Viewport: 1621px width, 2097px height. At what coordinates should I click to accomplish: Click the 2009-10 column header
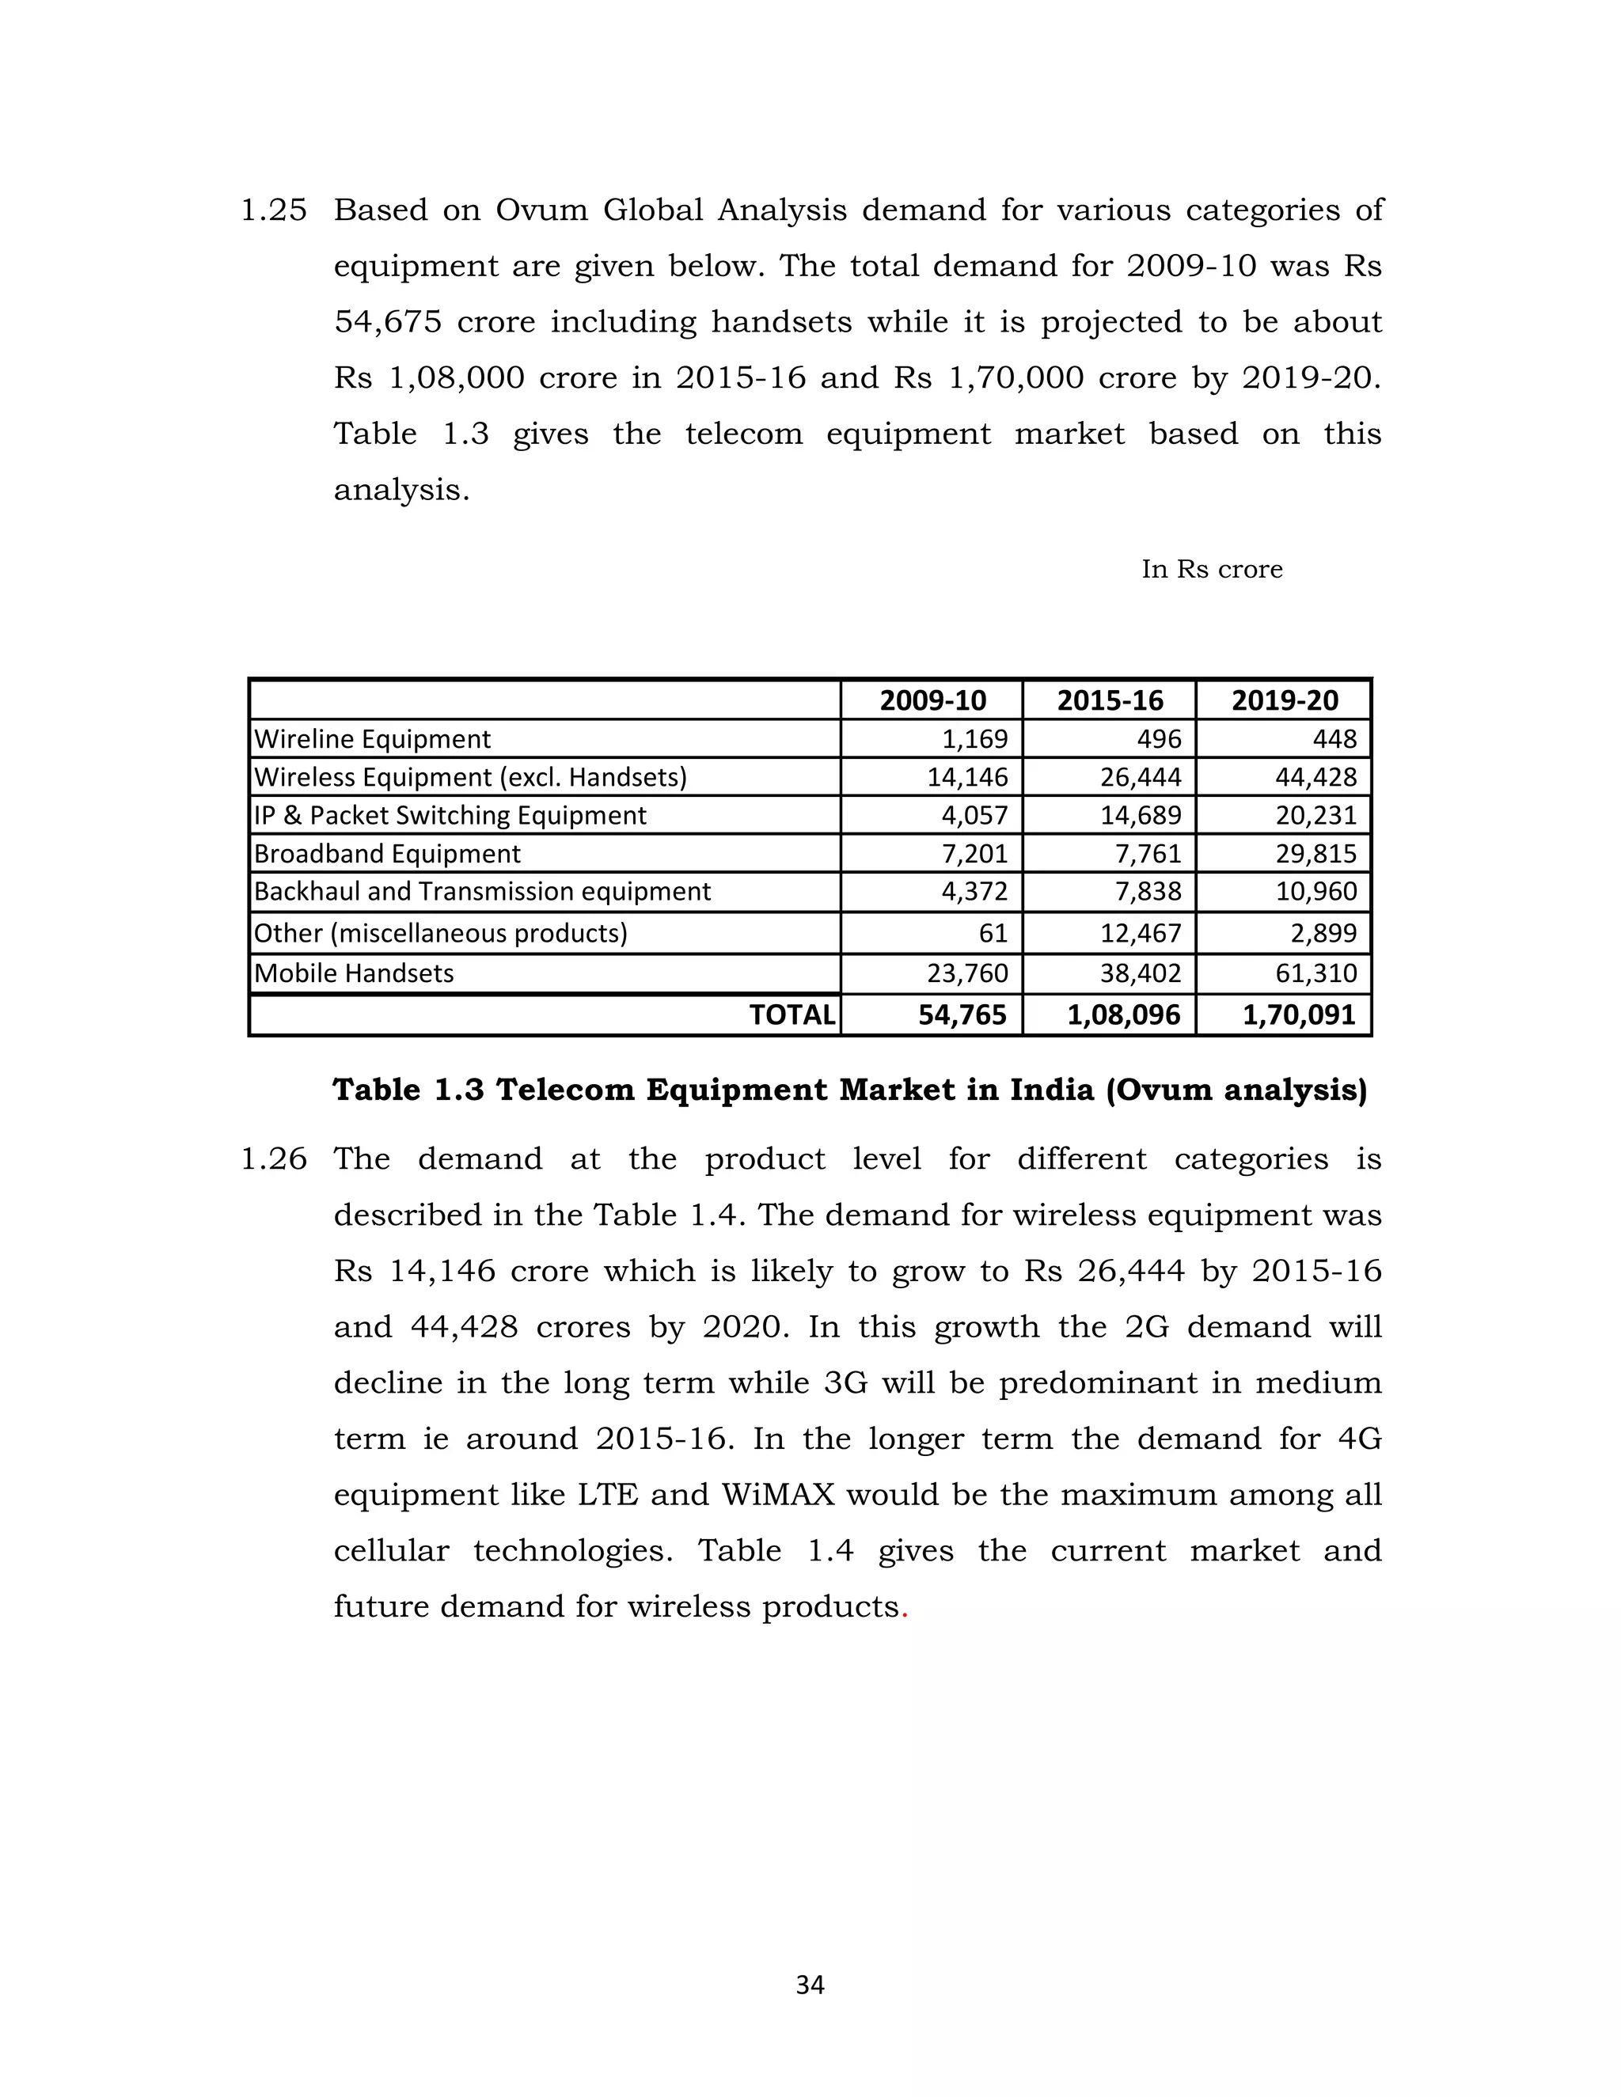click(x=932, y=700)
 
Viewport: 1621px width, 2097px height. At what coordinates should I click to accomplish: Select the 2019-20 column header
click(x=1284, y=700)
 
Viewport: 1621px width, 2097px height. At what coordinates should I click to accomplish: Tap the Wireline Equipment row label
click(x=372, y=738)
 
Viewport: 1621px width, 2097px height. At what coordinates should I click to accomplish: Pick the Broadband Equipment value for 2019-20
click(x=1315, y=854)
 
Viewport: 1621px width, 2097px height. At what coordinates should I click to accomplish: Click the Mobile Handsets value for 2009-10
click(x=967, y=973)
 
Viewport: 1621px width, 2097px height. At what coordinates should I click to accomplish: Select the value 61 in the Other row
click(x=993, y=932)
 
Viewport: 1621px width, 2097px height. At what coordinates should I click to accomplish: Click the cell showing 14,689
click(x=1140, y=815)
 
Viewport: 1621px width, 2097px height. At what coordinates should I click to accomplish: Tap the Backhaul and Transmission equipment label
click(x=482, y=891)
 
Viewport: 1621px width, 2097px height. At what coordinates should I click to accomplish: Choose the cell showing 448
click(x=1334, y=738)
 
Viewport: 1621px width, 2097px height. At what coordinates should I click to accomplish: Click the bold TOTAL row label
click(x=792, y=1015)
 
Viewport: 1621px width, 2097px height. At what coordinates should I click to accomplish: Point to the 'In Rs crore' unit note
click(x=1211, y=570)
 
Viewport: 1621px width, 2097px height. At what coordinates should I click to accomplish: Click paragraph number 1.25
click(x=273, y=210)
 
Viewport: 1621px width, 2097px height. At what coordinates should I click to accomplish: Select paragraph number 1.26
click(x=273, y=1159)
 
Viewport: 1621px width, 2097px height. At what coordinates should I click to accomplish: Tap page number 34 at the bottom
click(x=810, y=1985)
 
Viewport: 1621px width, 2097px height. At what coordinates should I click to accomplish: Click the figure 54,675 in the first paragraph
click(x=388, y=321)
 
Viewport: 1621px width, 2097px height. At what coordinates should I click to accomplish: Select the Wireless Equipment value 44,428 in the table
click(x=1315, y=777)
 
